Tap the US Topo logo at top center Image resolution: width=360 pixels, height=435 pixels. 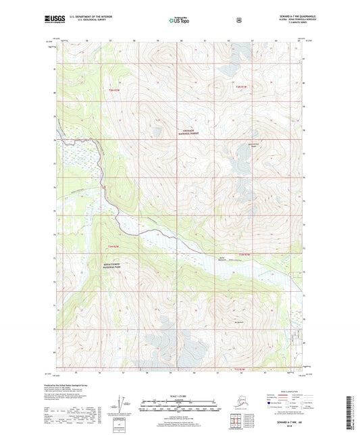coord(179,21)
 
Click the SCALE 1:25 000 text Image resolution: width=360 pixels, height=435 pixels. coord(180,396)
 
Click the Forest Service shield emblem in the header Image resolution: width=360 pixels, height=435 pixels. coord(238,20)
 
